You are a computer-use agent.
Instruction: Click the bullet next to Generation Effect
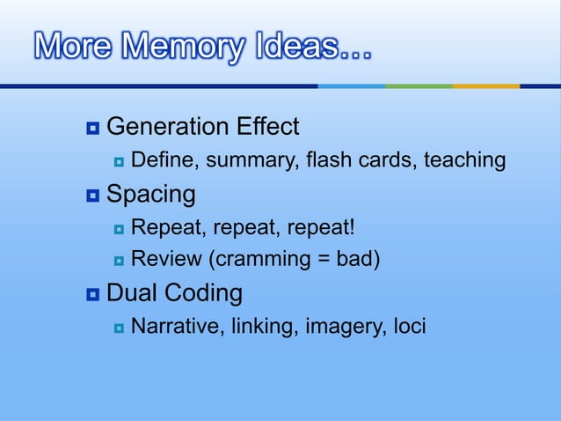click(x=92, y=129)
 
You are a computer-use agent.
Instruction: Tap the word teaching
click(x=464, y=160)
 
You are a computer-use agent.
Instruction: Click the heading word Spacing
click(x=150, y=194)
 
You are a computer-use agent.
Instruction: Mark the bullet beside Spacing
click(x=92, y=195)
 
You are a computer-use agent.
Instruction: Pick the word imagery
click(x=343, y=327)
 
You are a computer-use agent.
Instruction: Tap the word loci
click(x=407, y=327)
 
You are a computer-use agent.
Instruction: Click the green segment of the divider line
click(x=419, y=86)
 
